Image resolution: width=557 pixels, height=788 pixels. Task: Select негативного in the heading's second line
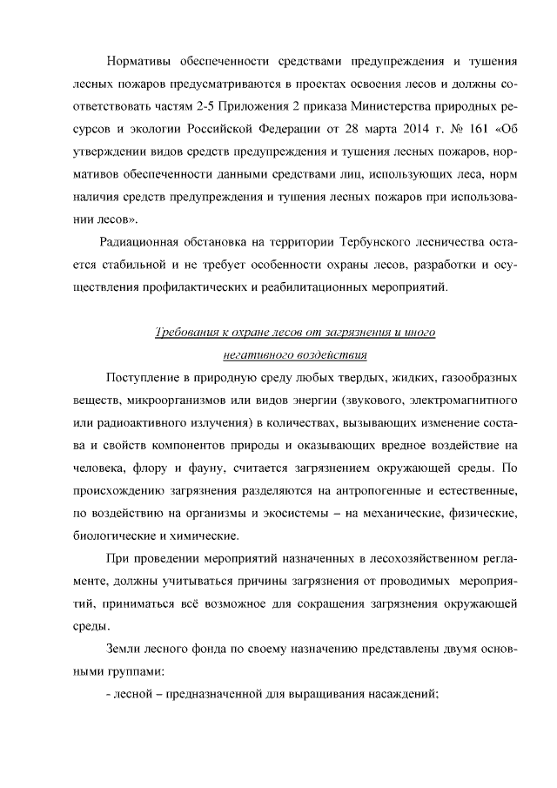tap(252, 354)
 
